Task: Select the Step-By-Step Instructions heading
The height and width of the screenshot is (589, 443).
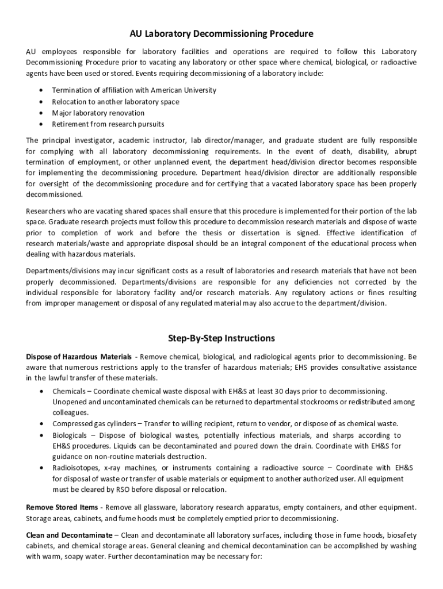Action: tap(221, 338)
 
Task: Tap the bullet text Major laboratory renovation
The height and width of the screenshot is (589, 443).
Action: tap(98, 113)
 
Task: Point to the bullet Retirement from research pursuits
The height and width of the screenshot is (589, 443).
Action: tap(108, 124)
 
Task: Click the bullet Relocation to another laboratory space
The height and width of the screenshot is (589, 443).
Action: tap(115, 102)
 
